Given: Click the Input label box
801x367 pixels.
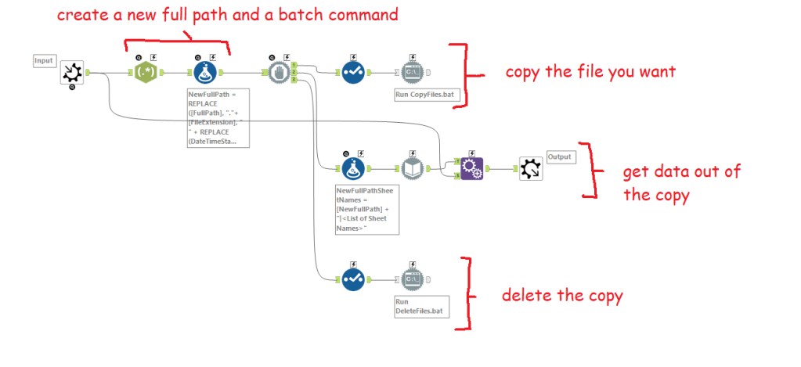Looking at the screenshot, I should click(x=43, y=60).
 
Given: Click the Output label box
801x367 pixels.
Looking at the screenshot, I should click(x=560, y=157).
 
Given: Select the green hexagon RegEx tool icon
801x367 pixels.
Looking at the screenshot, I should click(x=145, y=73).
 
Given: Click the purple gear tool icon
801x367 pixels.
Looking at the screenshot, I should click(x=471, y=167).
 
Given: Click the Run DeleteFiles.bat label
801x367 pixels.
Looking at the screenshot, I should click(x=420, y=306).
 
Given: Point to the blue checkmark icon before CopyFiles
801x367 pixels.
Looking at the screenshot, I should click(x=353, y=73).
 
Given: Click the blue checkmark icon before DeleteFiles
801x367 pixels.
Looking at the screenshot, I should click(x=353, y=278).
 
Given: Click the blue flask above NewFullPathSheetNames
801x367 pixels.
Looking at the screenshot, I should click(x=353, y=167).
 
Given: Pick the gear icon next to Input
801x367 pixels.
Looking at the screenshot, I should click(x=73, y=74).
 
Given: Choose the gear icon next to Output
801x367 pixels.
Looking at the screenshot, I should click(x=530, y=167).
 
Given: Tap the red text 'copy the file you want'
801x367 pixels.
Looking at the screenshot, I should click(x=590, y=72).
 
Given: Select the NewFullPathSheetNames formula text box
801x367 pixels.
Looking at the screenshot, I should click(x=366, y=208).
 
